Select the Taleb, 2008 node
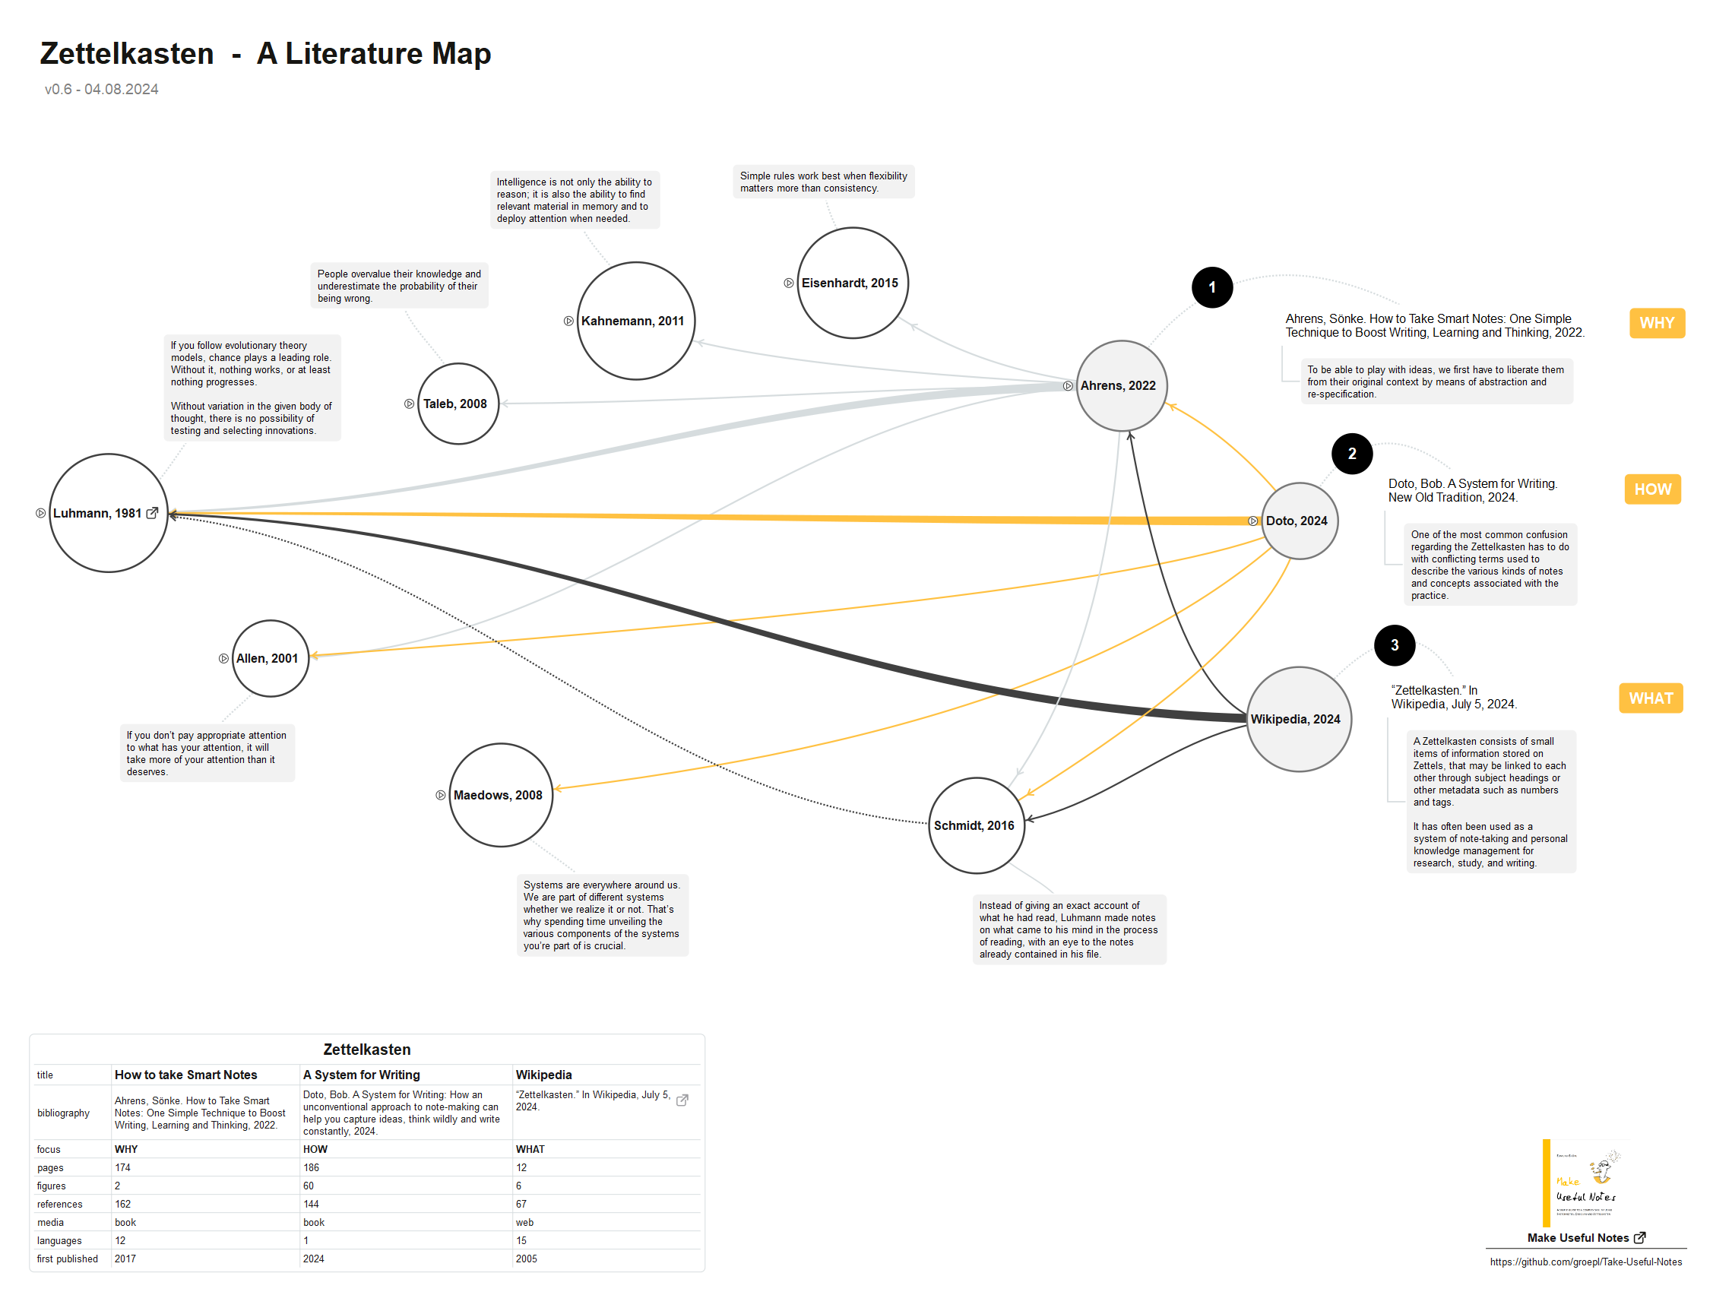pyautogui.click(x=458, y=404)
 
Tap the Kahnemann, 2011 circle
pyautogui.click(x=636, y=321)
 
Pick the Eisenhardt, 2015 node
pyautogui.click(x=852, y=283)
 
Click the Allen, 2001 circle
pyautogui.click(x=271, y=658)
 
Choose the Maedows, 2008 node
pyautogui.click(x=501, y=796)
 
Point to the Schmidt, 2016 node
pyautogui.click(x=976, y=825)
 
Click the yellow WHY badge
pyautogui.click(x=1657, y=323)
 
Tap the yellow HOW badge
pyautogui.click(x=1652, y=489)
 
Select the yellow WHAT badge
pyautogui.click(x=1650, y=698)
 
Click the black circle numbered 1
pyautogui.click(x=1212, y=287)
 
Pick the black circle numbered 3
pyautogui.click(x=1394, y=645)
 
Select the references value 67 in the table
pyautogui.click(x=521, y=1205)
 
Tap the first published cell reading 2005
pyautogui.click(x=527, y=1259)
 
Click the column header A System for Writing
pyautogui.click(x=362, y=1075)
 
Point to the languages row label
pyautogui.click(x=59, y=1241)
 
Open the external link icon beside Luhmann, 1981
pyautogui.click(x=153, y=513)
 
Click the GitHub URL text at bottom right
pyautogui.click(x=1585, y=1262)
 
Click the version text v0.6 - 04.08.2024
pyautogui.click(x=101, y=89)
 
